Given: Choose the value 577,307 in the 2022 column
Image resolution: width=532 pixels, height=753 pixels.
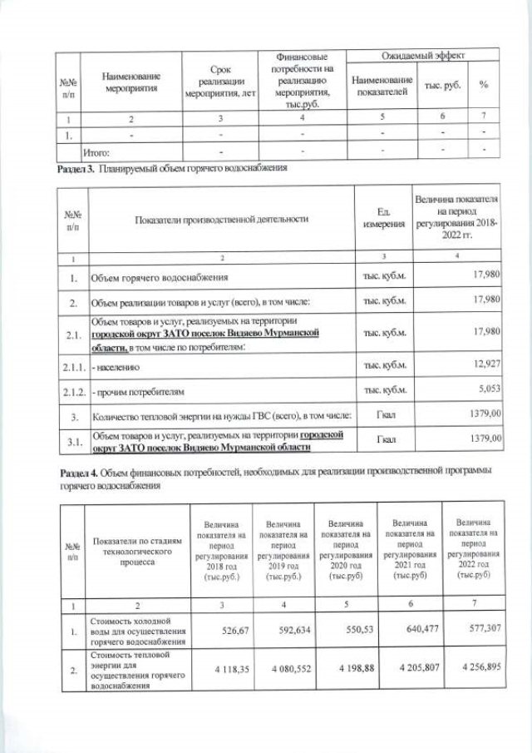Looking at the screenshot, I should (x=480, y=630).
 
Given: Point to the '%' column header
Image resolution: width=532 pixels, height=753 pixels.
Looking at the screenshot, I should (x=483, y=86).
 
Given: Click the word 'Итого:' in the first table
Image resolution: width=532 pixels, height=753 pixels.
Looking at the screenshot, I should (x=96, y=153).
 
